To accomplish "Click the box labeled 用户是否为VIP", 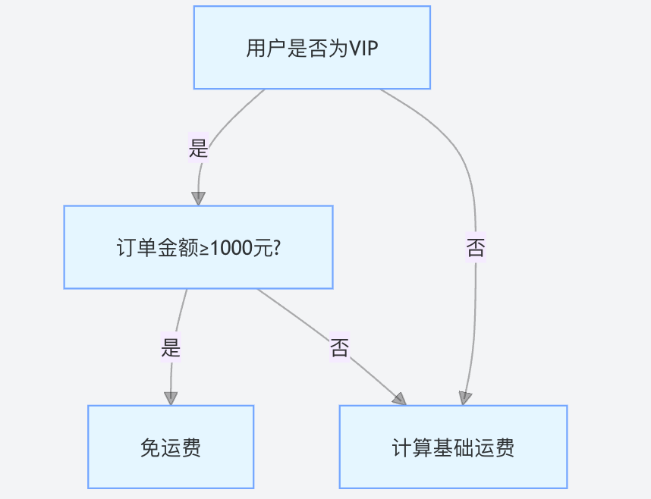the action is (x=312, y=47).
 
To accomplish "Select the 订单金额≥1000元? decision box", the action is (x=199, y=247).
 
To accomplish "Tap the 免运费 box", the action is (x=171, y=447).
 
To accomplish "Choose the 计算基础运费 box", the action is (x=454, y=447).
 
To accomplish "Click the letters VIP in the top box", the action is (x=363, y=49).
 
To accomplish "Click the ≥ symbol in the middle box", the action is (x=205, y=249).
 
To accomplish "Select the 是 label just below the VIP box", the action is (x=198, y=148).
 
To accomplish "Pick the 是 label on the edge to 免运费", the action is (x=171, y=347).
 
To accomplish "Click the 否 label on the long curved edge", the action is (x=476, y=248).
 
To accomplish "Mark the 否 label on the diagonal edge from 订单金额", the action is (x=340, y=347).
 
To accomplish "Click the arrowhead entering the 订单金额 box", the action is (x=199, y=199).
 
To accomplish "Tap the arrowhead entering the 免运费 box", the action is (x=171, y=399).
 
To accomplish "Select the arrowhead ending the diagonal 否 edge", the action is (x=400, y=399).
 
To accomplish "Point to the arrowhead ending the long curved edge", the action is (x=465, y=398).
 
